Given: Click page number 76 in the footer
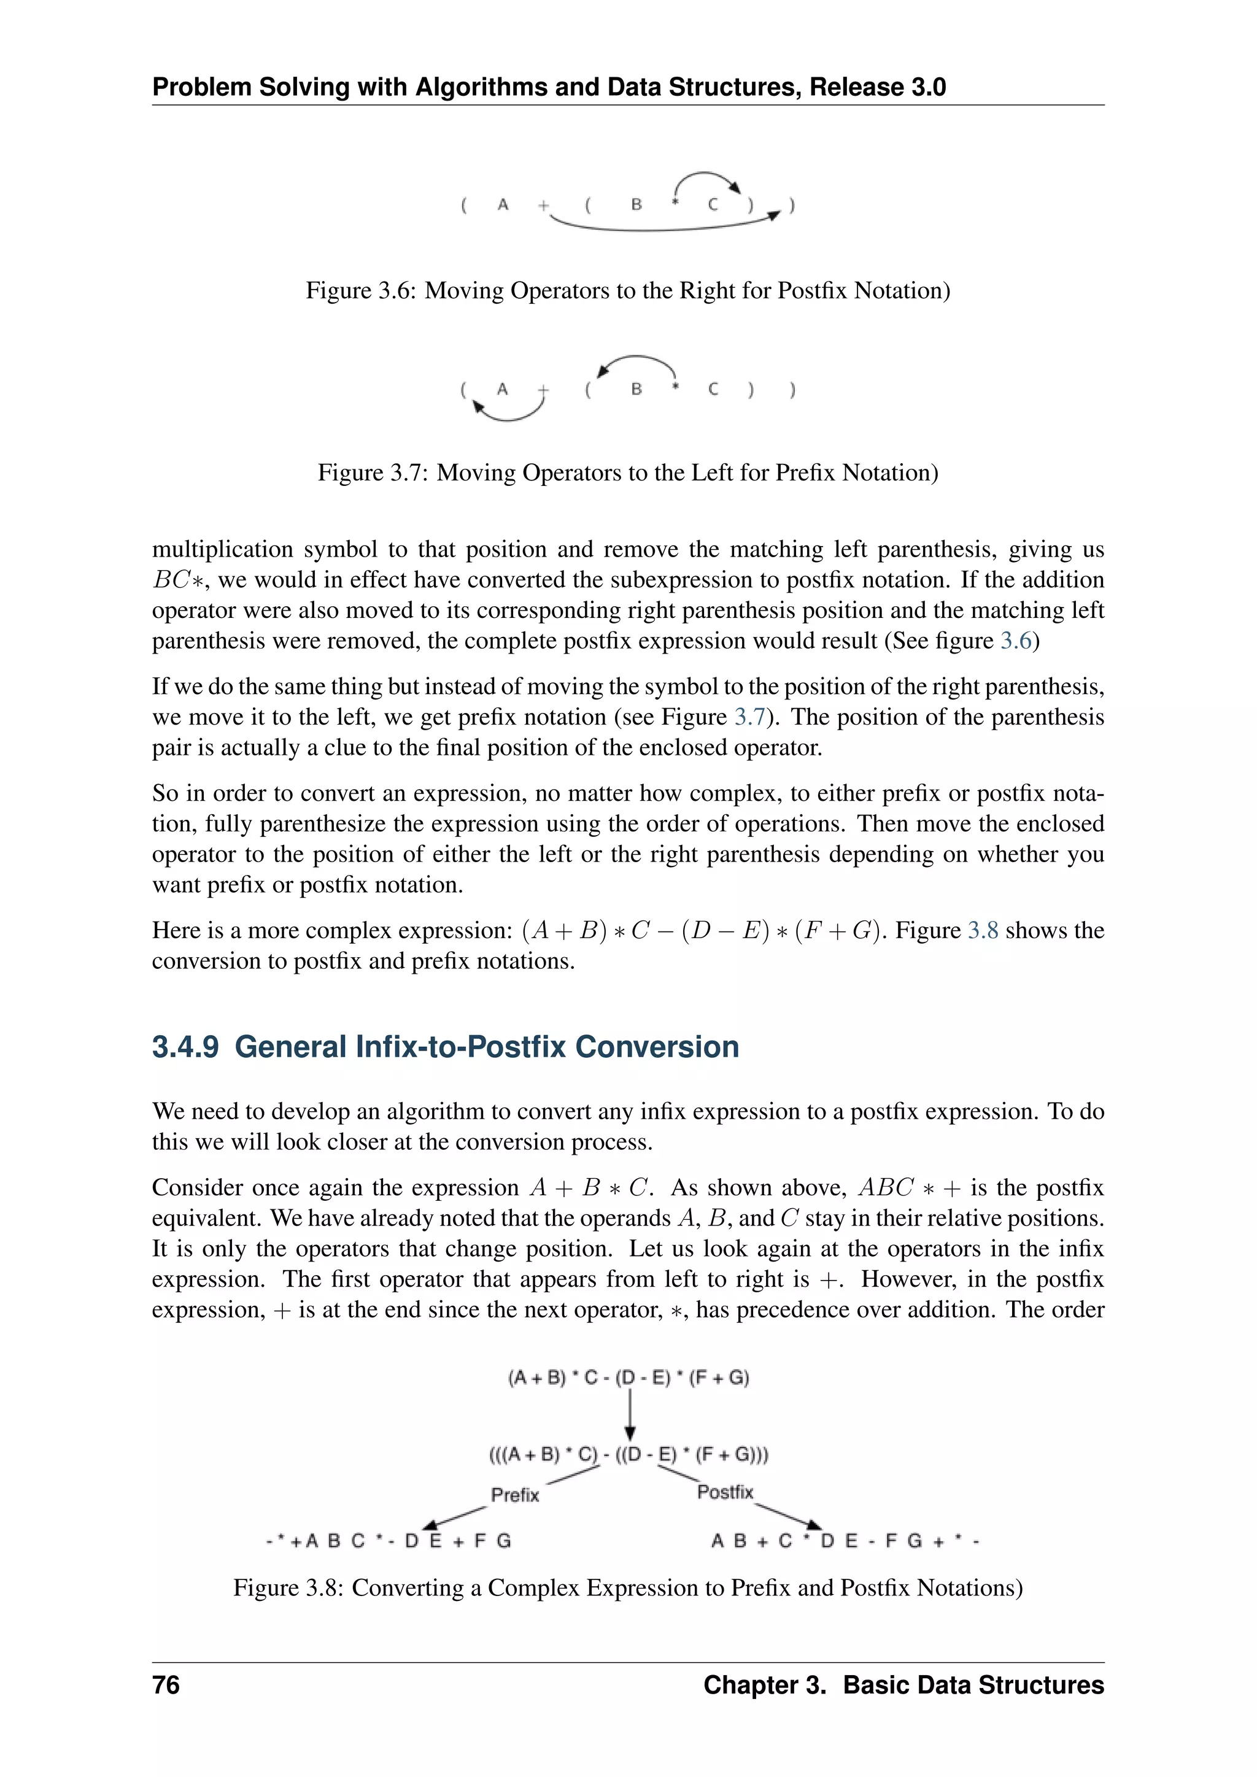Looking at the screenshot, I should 166,1685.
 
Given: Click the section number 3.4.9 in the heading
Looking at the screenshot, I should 185,1046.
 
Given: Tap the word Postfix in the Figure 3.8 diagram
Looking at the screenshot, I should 724,1492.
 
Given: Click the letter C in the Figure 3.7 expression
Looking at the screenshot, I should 713,388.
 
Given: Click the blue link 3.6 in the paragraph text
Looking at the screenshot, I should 1016,641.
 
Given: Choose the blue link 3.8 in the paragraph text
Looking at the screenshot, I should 983,930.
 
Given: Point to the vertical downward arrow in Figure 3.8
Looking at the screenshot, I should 630,1413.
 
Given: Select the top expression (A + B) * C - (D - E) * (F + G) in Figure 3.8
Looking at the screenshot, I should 628,1378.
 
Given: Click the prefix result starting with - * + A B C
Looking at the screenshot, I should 389,1541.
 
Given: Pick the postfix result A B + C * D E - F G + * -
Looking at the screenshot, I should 845,1541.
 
